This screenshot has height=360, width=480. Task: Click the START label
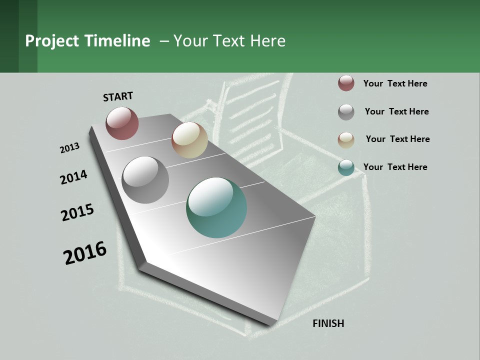(x=118, y=96)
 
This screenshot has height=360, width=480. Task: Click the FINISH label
(x=328, y=323)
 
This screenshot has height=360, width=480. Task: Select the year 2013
(x=69, y=148)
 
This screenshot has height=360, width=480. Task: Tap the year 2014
(x=73, y=177)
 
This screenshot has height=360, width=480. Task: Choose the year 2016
(x=85, y=253)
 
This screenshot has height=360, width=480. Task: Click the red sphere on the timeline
(x=122, y=123)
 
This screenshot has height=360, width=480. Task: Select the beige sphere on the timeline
(x=189, y=140)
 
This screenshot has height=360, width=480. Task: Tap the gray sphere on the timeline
(x=145, y=179)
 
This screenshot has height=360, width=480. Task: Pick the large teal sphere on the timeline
(x=216, y=207)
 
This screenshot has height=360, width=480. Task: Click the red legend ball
(x=346, y=83)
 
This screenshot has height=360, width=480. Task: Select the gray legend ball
(x=346, y=112)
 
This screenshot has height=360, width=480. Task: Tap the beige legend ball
(x=346, y=140)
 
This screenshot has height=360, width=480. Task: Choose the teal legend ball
(x=346, y=168)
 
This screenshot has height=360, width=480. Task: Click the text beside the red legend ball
(x=395, y=83)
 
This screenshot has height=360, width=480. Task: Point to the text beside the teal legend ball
(x=395, y=167)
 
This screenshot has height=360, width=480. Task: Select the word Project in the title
(x=52, y=41)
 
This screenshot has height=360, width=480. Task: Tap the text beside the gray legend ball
(x=396, y=111)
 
